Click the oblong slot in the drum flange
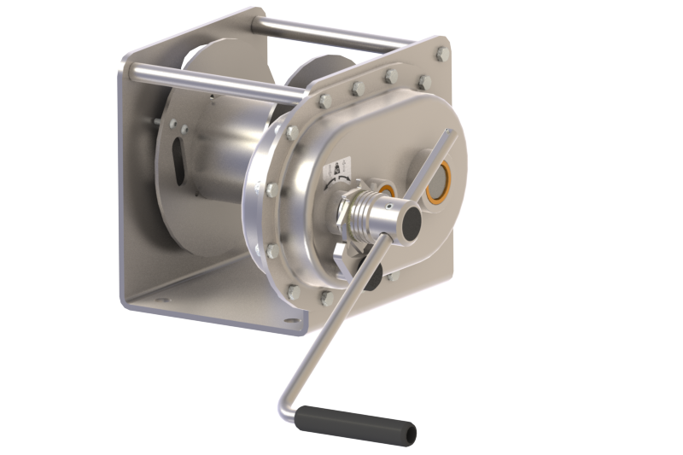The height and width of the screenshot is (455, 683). [178, 160]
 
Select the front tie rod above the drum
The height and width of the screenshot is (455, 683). [213, 83]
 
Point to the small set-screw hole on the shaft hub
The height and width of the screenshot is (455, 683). [394, 205]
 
